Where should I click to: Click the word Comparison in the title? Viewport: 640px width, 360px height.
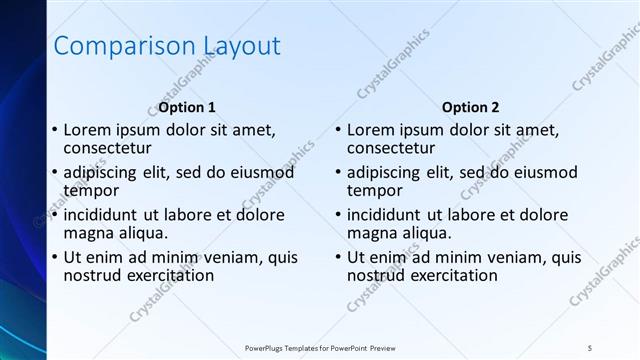tap(114, 46)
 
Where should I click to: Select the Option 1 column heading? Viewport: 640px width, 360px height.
tap(187, 107)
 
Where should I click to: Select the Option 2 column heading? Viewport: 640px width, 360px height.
tap(470, 107)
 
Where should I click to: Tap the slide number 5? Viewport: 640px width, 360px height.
tap(591, 346)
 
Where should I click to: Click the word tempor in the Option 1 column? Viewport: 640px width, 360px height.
tap(91, 190)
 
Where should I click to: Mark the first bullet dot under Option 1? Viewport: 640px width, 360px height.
tap(54, 130)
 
